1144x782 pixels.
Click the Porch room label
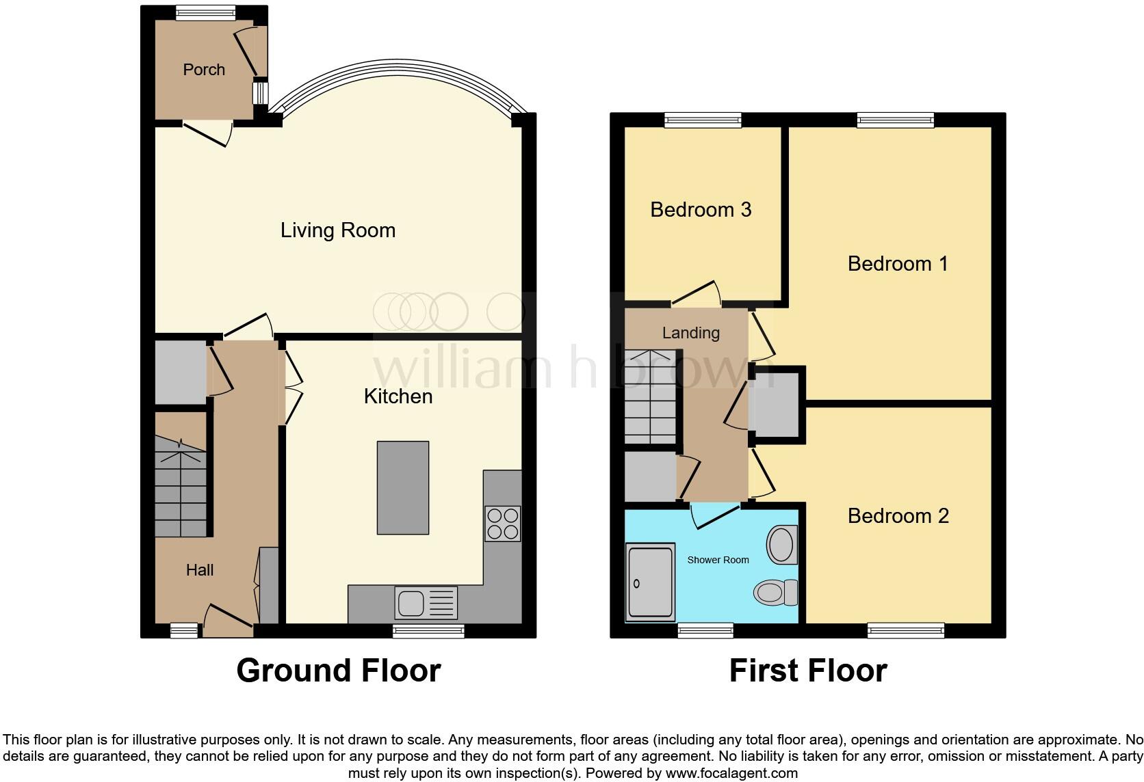[204, 70]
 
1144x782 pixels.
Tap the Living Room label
[338, 230]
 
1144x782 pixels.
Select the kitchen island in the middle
[403, 487]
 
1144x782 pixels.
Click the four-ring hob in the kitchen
[502, 524]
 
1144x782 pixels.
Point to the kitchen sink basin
[411, 603]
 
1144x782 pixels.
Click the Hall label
[200, 570]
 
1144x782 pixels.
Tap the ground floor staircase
[180, 488]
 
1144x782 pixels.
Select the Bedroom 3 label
[701, 209]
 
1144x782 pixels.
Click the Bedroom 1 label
[898, 264]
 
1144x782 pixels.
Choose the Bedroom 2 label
[898, 516]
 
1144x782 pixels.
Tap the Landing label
[690, 333]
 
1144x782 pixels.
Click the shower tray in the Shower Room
[650, 583]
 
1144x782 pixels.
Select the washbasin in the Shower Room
[783, 545]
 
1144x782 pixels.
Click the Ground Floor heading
[338, 671]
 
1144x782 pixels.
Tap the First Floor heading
[807, 671]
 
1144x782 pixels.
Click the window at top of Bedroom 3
[703, 120]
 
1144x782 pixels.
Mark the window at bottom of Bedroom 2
[906, 630]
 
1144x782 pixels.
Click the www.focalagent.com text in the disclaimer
[731, 774]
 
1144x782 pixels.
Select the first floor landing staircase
[650, 396]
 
